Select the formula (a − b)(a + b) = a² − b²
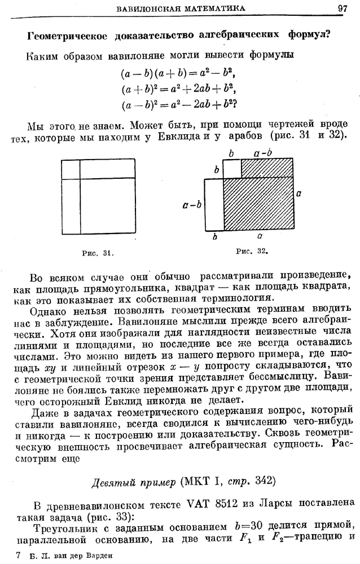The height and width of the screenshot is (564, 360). tap(177, 74)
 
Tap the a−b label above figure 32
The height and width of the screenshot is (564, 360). tap(263, 152)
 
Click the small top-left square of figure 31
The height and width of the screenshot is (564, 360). tap(70, 169)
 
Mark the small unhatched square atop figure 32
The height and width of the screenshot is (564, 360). tap(232, 168)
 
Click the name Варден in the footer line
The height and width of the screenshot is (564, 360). tap(99, 555)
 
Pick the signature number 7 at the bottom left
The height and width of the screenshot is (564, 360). tap(19, 555)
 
